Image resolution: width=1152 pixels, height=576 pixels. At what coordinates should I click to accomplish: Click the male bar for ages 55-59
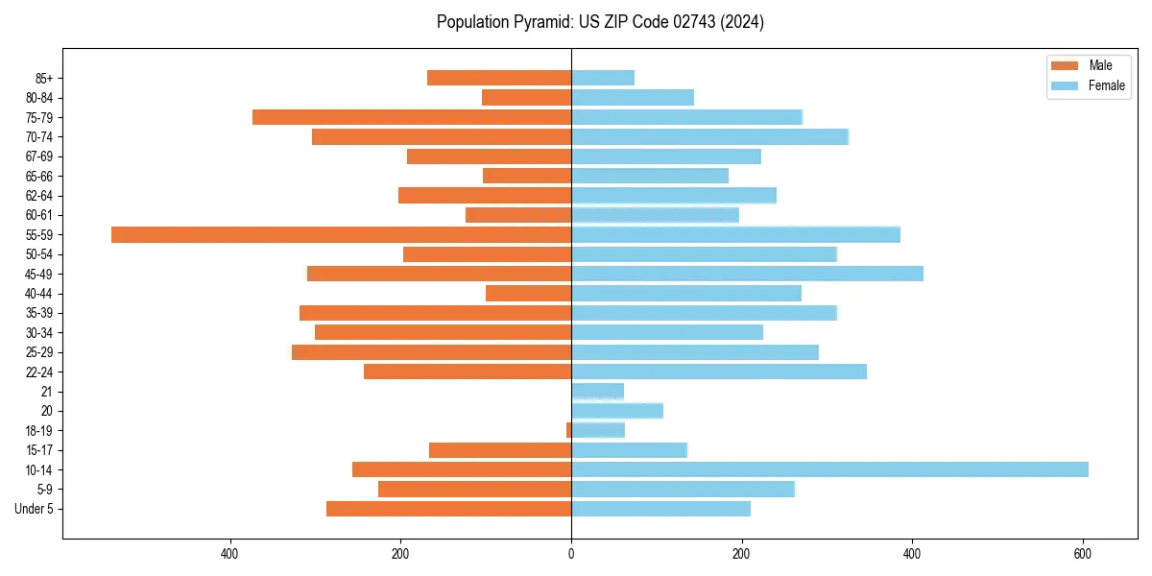click(x=341, y=234)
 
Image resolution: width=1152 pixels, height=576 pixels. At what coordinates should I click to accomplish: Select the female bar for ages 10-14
click(x=830, y=469)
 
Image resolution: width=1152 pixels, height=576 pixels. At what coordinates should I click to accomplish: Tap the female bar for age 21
click(x=597, y=391)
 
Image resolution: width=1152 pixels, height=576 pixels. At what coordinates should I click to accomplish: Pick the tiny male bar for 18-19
click(x=568, y=430)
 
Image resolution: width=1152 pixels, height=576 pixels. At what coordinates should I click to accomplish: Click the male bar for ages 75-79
click(x=412, y=117)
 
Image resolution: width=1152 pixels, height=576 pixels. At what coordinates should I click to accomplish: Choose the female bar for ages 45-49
click(x=747, y=274)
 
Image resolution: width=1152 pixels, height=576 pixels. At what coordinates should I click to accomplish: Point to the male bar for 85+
click(x=499, y=78)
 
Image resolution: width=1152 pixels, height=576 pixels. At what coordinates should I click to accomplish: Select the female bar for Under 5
click(x=660, y=509)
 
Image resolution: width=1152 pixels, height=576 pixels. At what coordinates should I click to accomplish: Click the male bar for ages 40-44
click(x=528, y=293)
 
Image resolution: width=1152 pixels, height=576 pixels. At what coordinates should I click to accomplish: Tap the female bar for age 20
click(x=617, y=411)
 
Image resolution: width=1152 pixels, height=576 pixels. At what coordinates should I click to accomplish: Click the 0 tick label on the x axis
click(x=571, y=554)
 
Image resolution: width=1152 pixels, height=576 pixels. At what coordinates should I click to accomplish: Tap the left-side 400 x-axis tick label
click(x=229, y=554)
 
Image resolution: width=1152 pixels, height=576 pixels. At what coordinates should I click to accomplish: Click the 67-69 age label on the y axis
click(x=38, y=156)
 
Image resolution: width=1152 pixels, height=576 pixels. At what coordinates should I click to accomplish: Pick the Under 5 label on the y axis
click(x=35, y=509)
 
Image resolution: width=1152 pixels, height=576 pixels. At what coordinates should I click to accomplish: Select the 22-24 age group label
click(x=38, y=372)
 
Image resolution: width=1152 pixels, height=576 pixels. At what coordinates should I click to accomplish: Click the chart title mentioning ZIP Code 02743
click(x=600, y=22)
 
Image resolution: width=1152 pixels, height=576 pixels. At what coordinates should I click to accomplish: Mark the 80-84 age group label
click(x=38, y=98)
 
